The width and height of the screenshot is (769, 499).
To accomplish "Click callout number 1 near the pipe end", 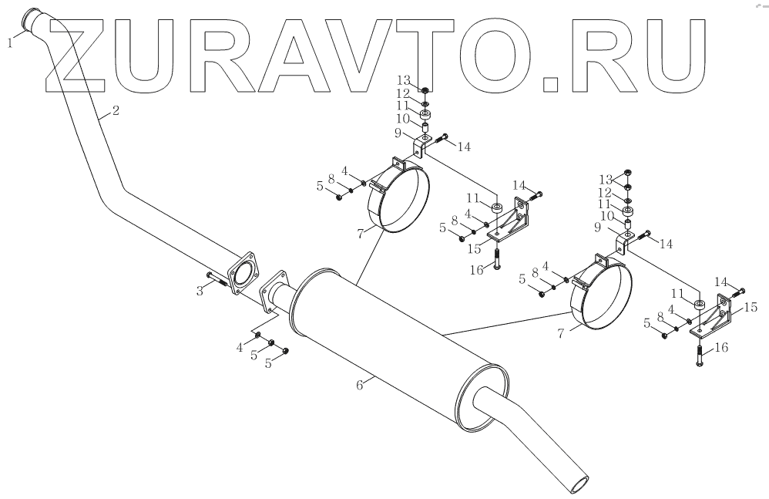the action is (10, 44).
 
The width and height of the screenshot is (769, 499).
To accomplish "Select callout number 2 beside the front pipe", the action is (115, 110).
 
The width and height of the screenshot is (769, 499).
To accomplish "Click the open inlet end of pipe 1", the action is (32, 19).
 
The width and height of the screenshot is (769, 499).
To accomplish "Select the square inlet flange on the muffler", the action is (275, 292).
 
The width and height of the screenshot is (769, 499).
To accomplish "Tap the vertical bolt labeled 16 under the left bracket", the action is (497, 259).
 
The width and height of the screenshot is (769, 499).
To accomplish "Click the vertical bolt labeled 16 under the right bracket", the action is (699, 356).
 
